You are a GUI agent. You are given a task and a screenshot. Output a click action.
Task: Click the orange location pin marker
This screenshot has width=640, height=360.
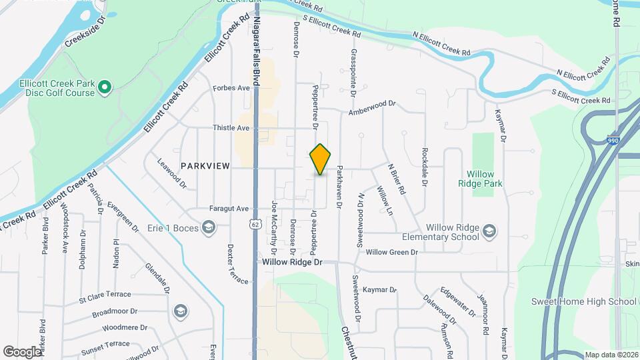pos(320,159)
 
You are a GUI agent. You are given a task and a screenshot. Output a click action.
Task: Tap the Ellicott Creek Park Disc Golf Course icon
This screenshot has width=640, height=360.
pos(104,87)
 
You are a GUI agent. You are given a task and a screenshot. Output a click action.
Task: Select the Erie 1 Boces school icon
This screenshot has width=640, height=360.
pos(209,228)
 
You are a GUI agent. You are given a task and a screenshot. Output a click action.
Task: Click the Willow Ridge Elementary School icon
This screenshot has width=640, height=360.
pos(489,231)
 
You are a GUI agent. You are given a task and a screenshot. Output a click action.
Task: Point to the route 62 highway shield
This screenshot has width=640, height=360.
pos(255,225)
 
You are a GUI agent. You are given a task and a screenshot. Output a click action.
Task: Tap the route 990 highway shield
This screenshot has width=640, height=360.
pos(613,141)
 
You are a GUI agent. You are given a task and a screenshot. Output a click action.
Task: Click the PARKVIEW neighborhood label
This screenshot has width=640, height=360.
pos(205,165)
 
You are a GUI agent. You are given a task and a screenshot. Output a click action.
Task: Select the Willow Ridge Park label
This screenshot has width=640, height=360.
pos(481,178)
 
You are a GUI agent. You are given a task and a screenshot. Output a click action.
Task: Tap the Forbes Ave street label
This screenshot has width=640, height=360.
pos(231,88)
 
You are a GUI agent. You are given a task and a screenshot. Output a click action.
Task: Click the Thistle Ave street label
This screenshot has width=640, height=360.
pos(231,127)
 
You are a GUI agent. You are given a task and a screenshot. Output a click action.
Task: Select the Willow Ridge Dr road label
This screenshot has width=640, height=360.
pos(292,263)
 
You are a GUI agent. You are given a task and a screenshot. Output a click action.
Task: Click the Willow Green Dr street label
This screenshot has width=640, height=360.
pos(391,252)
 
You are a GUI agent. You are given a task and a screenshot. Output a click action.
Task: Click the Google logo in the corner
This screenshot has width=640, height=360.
pos(21,351)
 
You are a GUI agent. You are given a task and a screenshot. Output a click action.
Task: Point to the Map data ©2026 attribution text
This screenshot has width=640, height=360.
pos(611,355)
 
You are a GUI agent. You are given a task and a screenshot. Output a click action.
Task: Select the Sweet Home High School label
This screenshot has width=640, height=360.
pos(583,301)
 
